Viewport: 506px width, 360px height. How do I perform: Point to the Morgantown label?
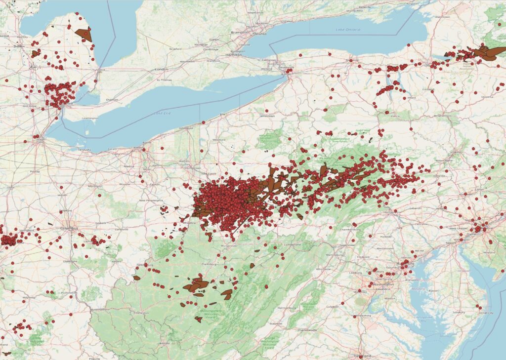point(229,245)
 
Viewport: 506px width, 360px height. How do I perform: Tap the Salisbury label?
point(459,312)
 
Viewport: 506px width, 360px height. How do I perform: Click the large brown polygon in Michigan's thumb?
point(84,34)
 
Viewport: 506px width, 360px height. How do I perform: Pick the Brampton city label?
point(239,33)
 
